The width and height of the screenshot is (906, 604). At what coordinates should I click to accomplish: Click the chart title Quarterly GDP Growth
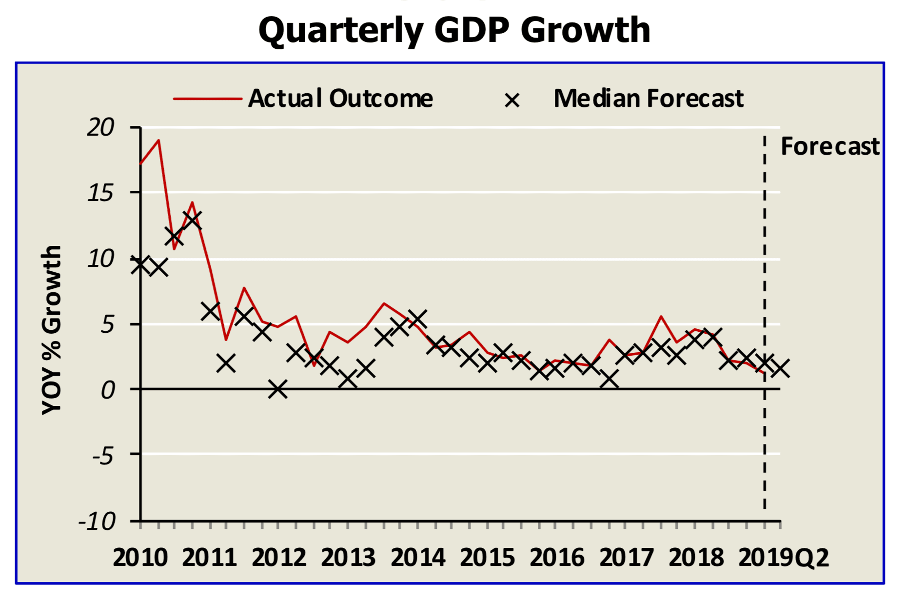click(x=454, y=30)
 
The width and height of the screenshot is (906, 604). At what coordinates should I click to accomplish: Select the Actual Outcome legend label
click(x=340, y=99)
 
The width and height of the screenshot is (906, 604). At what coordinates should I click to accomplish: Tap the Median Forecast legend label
click(x=649, y=99)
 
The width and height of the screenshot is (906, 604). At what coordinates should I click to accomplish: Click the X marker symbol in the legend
click(x=512, y=101)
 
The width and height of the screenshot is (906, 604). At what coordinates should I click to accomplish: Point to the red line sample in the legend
click(x=208, y=99)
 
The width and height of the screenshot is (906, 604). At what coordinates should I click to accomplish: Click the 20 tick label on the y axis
click(x=100, y=128)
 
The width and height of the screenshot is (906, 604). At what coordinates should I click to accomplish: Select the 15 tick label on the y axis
click(x=100, y=193)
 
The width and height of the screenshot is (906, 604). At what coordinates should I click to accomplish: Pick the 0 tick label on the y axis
click(x=108, y=390)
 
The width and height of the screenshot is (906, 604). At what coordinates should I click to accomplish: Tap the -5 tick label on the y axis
click(x=103, y=456)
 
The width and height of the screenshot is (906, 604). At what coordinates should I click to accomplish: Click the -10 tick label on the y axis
click(x=98, y=522)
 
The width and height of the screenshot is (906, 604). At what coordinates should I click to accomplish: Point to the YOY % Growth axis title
click(x=52, y=330)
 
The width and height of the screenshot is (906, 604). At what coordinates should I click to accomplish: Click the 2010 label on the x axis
click(x=140, y=558)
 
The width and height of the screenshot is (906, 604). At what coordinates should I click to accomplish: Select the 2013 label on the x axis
click(x=348, y=558)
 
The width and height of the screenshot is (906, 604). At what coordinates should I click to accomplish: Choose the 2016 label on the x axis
click(x=557, y=558)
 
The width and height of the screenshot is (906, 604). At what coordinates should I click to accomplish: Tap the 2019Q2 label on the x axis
click(x=784, y=558)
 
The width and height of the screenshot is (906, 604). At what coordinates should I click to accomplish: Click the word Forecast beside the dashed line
click(x=830, y=146)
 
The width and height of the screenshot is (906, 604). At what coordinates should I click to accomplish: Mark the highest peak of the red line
click(x=158, y=141)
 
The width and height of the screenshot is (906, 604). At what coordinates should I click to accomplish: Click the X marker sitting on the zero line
click(x=278, y=389)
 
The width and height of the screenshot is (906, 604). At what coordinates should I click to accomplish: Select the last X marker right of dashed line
click(x=780, y=368)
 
